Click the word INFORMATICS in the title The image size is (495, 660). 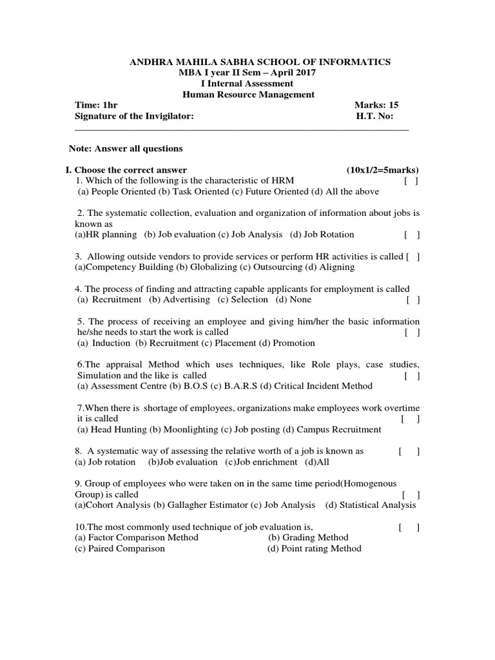pos(355,62)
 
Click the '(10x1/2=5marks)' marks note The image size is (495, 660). pos(382,170)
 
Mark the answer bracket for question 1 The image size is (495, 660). pos(411,181)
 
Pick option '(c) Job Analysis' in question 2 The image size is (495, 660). pos(251,235)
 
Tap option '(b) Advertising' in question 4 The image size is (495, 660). pos(179,299)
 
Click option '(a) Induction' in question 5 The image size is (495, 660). pos(103,343)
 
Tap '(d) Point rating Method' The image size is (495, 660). pos(315,548)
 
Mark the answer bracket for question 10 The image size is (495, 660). pos(409,527)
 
